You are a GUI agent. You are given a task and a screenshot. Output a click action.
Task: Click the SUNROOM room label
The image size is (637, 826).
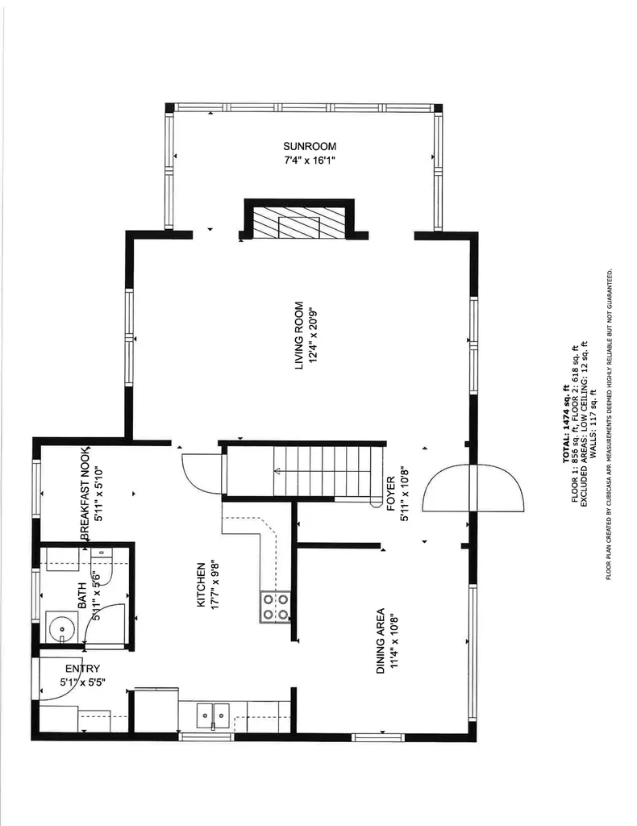point(309,146)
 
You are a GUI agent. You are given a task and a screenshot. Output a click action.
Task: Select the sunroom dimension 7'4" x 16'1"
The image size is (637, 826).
point(309,161)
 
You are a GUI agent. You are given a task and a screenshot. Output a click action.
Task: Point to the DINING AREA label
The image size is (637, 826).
point(379,641)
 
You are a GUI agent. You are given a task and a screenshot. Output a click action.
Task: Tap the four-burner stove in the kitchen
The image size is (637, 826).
point(274,607)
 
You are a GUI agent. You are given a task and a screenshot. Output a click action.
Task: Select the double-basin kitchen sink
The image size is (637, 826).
point(214,713)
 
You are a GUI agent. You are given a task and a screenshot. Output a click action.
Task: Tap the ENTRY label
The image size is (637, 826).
point(82,669)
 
